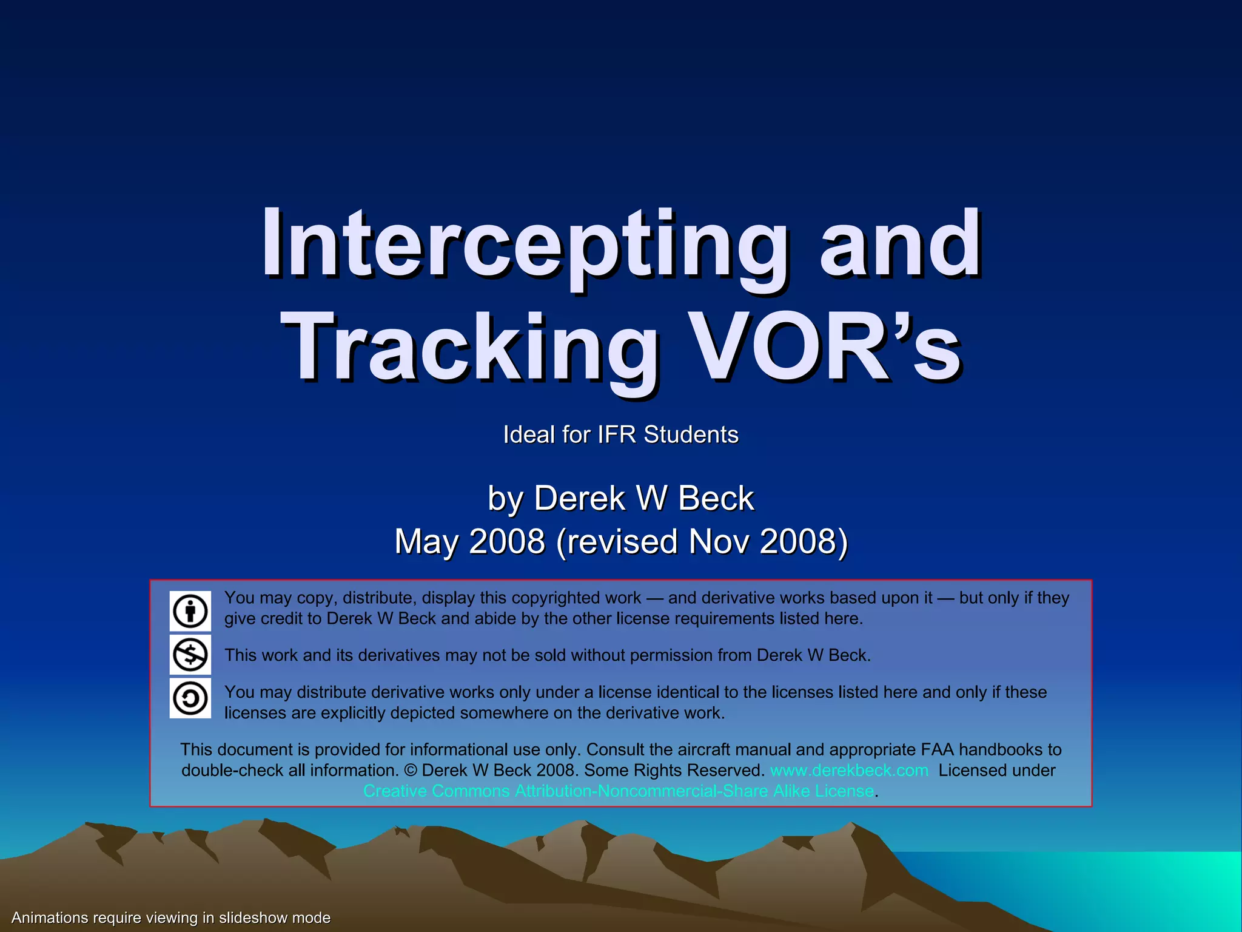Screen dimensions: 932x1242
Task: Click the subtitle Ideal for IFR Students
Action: click(621, 434)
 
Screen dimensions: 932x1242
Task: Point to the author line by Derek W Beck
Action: click(621, 498)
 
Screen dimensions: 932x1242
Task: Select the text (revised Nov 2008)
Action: click(702, 541)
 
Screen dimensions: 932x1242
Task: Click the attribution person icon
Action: click(190, 611)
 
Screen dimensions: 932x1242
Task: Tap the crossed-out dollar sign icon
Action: click(190, 655)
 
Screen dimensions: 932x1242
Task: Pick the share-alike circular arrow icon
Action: click(190, 698)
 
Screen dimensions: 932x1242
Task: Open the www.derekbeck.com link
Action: click(849, 771)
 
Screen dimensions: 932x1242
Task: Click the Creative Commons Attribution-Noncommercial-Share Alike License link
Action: click(619, 791)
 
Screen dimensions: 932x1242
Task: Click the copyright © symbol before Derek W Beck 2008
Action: click(411, 771)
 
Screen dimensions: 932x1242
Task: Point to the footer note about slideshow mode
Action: click(171, 917)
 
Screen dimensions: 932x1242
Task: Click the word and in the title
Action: click(900, 243)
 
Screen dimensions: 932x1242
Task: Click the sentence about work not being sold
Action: click(548, 655)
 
